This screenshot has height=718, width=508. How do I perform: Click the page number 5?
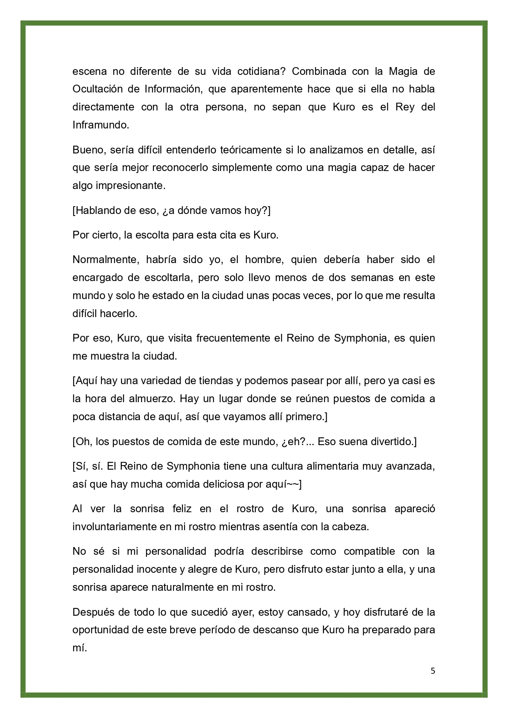coord(433,671)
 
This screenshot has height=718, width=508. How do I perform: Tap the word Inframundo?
coord(101,125)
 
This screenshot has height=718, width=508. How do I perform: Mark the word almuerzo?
coord(154,399)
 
